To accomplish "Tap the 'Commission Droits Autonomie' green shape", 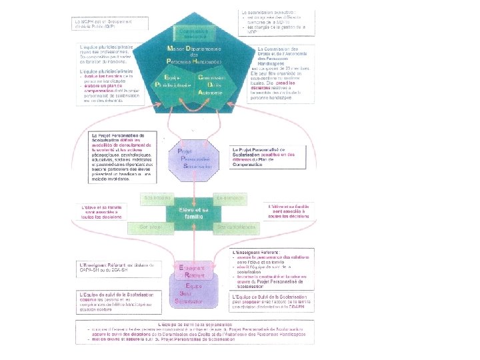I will [x=214, y=85].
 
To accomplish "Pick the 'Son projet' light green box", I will [x=152, y=227].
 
